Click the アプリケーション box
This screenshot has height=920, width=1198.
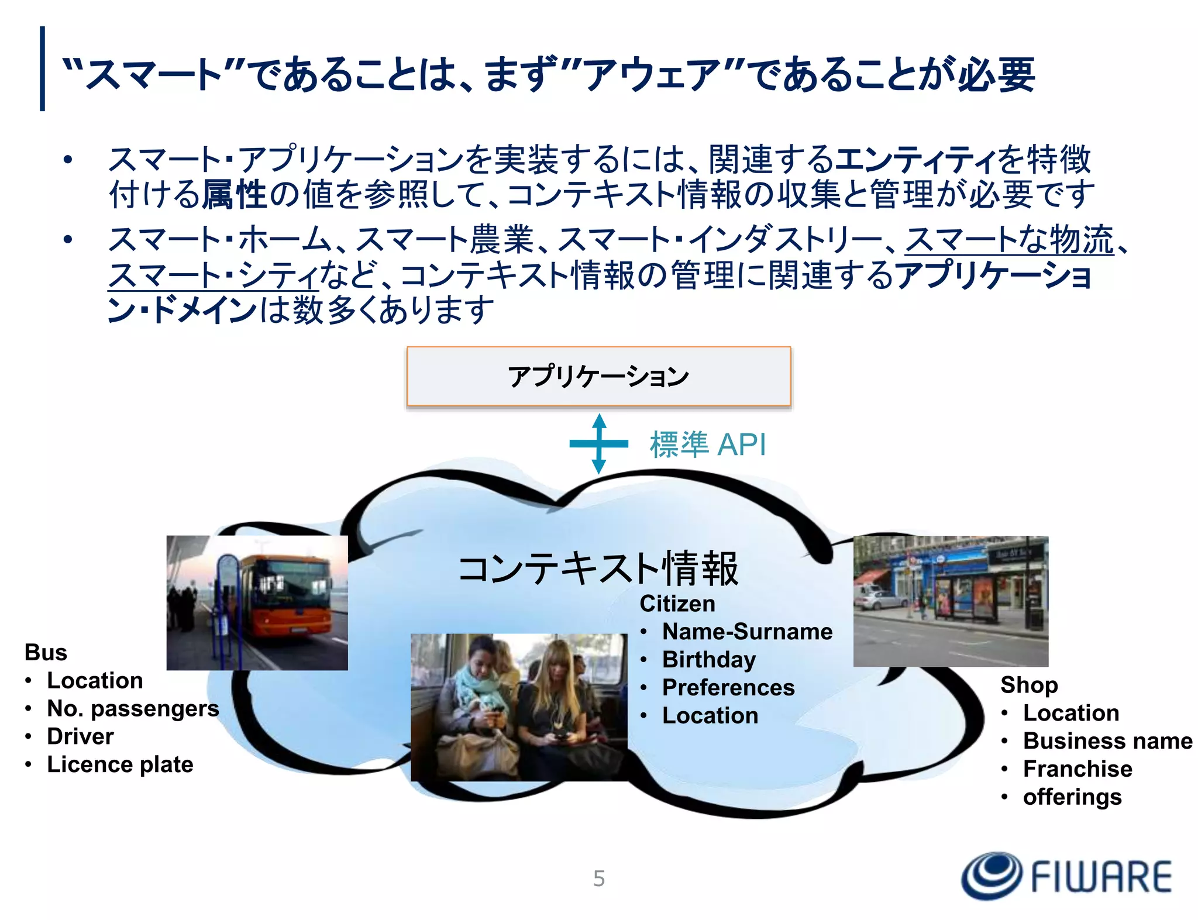click(x=598, y=376)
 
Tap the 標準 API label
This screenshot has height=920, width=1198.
click(x=707, y=445)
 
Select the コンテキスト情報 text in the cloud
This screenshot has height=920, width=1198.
click(x=598, y=568)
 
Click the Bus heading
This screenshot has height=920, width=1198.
click(x=46, y=652)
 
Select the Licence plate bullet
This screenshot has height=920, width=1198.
click(x=120, y=764)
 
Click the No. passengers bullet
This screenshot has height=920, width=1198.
click(x=133, y=708)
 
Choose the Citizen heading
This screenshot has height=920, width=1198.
click(x=677, y=604)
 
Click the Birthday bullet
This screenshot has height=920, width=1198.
click(x=708, y=659)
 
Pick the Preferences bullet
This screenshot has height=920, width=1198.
click(x=728, y=687)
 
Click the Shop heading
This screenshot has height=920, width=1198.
click(x=1028, y=684)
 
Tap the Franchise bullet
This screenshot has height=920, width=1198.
click(x=1077, y=769)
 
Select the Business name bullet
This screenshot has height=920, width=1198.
click(x=1107, y=740)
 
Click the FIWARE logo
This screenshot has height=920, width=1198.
click(x=1066, y=876)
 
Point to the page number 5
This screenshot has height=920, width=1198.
click(x=598, y=878)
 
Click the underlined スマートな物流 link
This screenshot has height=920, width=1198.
click(x=1009, y=240)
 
